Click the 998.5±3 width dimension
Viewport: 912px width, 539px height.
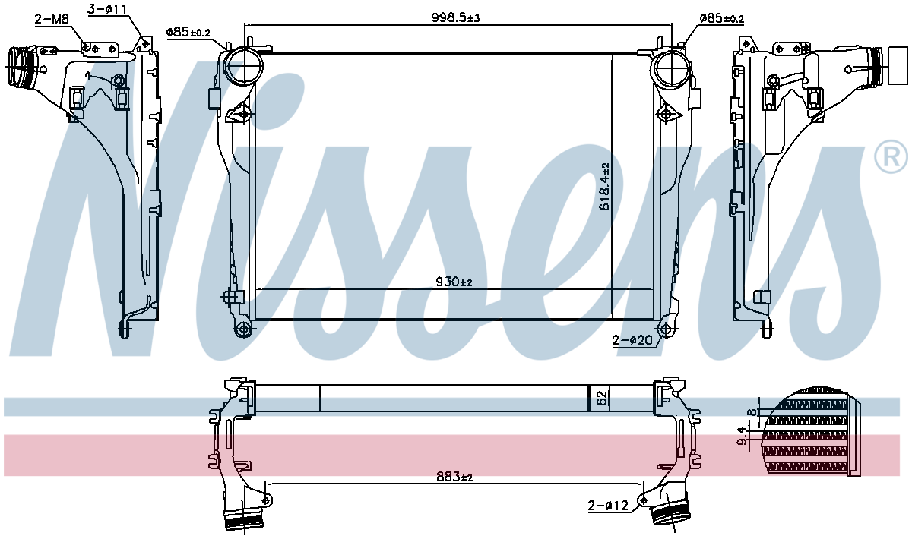point(455,18)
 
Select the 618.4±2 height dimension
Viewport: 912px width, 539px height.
point(605,187)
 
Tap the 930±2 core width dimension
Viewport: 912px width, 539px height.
point(454,282)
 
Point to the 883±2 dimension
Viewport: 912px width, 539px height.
point(454,476)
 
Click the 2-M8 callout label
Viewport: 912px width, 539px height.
point(52,19)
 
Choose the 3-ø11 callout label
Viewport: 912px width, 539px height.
point(107,9)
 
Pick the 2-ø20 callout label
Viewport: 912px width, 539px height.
point(632,340)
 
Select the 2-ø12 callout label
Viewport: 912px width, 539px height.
point(608,506)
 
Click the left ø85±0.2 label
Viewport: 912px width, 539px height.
point(188,33)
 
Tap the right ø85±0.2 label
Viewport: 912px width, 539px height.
point(721,18)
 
